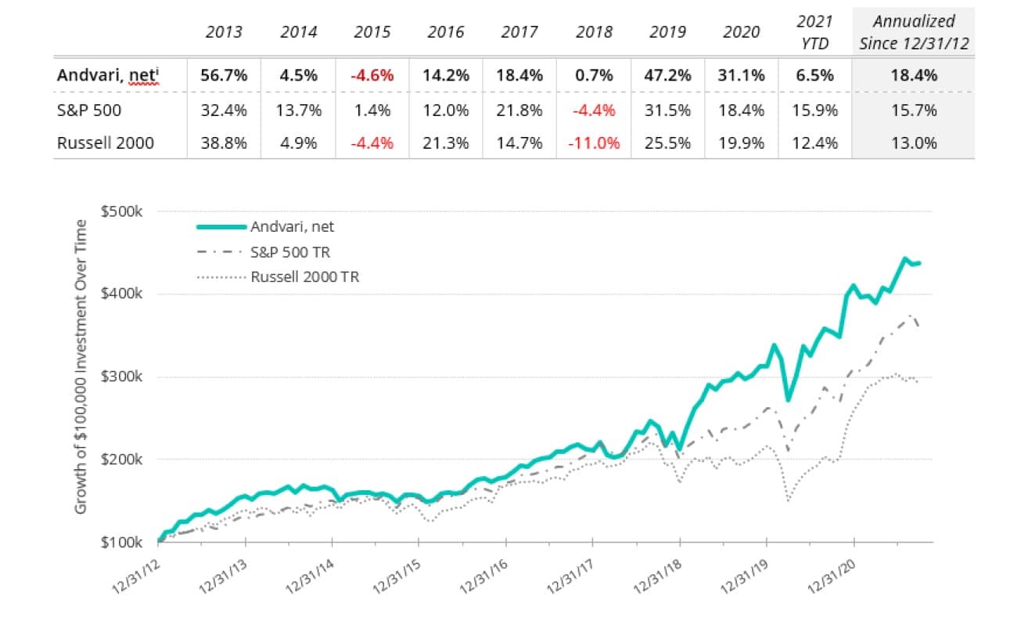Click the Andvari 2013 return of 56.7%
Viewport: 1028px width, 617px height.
(224, 76)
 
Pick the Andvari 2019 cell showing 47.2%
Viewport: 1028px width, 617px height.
(669, 76)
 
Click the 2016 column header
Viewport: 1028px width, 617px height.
(446, 32)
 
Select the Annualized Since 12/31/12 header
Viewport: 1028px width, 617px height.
(914, 32)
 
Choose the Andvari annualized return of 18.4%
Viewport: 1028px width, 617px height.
(914, 76)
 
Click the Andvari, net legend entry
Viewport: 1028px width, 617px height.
(293, 227)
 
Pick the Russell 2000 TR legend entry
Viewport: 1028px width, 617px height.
(305, 276)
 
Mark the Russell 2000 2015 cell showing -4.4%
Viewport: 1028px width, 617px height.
(372, 143)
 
